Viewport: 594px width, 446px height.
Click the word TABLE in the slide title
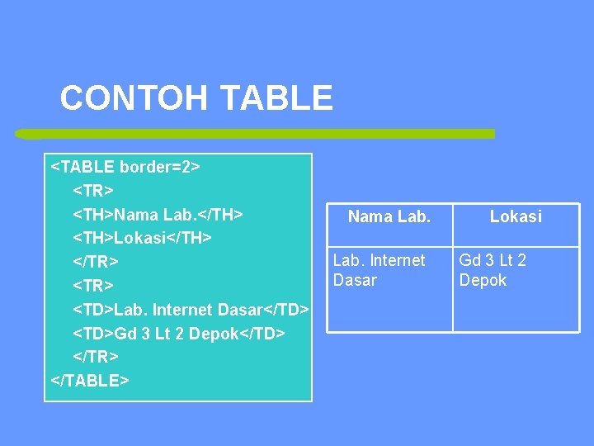click(x=276, y=98)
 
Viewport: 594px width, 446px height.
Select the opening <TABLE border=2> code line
click(x=125, y=167)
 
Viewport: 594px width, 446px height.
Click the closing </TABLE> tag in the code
click(x=90, y=381)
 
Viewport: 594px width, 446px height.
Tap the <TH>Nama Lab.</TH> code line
click(x=158, y=215)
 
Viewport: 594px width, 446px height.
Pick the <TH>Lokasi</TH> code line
click(x=143, y=239)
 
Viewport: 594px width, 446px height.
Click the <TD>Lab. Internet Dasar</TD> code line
click(x=191, y=310)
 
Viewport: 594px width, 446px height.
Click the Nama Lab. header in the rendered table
click(x=389, y=217)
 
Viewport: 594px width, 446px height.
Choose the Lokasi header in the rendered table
click(x=516, y=217)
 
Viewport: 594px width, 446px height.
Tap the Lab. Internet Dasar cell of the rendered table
click(x=379, y=270)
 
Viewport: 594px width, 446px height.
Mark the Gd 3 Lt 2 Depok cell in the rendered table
click(x=493, y=270)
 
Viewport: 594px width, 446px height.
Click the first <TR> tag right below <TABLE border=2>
click(x=93, y=191)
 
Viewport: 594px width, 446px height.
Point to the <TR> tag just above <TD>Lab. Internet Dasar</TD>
click(x=93, y=286)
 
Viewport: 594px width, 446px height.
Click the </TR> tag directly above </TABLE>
click(x=96, y=357)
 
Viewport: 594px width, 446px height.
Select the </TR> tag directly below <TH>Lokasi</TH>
click(x=96, y=262)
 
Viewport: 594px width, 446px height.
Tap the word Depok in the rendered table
click(x=483, y=281)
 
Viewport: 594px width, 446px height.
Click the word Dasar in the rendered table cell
click(x=355, y=281)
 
